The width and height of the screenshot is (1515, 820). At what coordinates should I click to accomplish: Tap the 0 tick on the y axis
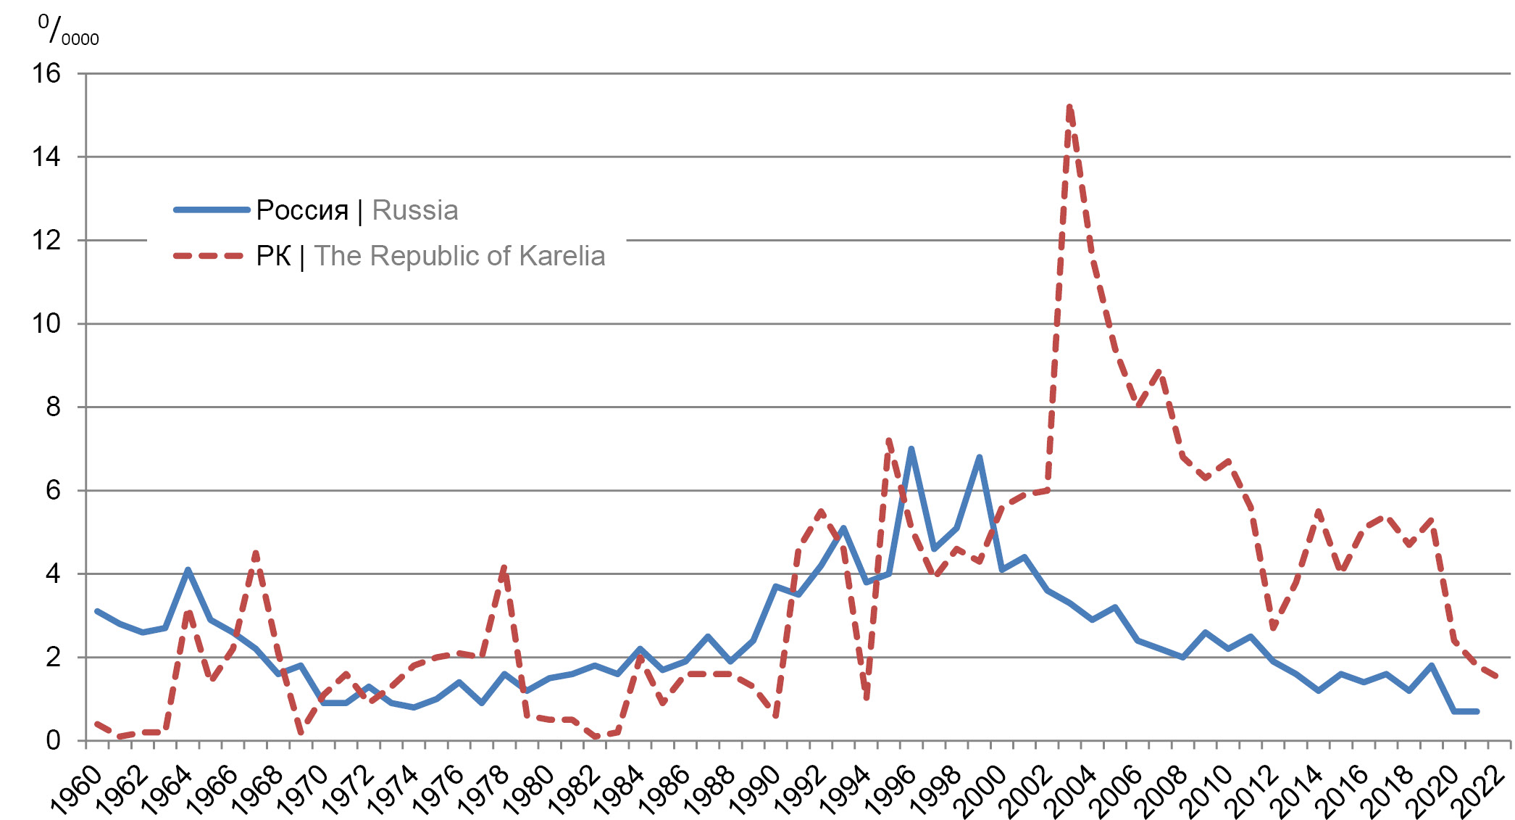[x=53, y=740]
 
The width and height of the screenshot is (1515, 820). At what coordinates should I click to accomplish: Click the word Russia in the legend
[x=414, y=210]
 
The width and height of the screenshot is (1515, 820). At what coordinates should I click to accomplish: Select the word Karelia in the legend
[x=562, y=256]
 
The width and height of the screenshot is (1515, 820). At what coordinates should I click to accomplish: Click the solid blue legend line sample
[x=212, y=210]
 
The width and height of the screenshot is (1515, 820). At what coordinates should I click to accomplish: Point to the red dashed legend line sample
[x=209, y=256]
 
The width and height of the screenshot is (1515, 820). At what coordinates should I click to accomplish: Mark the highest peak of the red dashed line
[x=1069, y=107]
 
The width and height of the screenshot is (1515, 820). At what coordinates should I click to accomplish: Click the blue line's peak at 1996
[x=911, y=449]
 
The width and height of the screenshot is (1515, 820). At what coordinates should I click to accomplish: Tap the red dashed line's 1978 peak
[x=504, y=566]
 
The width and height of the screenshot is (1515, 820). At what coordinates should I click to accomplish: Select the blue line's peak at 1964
[x=188, y=570]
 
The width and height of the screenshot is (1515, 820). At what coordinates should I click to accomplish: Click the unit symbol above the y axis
[x=68, y=30]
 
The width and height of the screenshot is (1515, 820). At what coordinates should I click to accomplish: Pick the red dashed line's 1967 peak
[x=256, y=553]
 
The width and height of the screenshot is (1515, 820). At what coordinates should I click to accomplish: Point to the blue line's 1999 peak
[x=979, y=457]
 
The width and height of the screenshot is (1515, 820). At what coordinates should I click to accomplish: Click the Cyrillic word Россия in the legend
[x=302, y=210]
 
